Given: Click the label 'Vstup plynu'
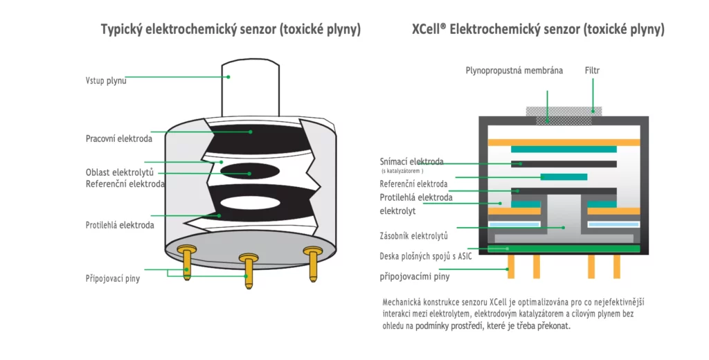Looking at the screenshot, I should pyautogui.click(x=106, y=80).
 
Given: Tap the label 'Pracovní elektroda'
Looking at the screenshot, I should pyautogui.click(x=119, y=138).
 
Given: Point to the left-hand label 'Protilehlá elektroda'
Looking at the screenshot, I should pyautogui.click(x=120, y=225).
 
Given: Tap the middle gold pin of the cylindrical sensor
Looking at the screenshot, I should pyautogui.click(x=248, y=271).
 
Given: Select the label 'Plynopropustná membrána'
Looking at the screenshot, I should pyautogui.click(x=514, y=71).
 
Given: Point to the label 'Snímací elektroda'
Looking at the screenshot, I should pyautogui.click(x=412, y=162).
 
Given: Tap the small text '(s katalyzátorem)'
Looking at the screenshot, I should pyautogui.click(x=402, y=171).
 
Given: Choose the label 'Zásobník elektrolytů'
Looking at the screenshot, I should pyautogui.click(x=414, y=235).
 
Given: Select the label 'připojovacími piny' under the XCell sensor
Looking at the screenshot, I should pyautogui.click(x=415, y=277).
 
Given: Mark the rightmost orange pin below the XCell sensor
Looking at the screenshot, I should pyautogui.click(x=613, y=267).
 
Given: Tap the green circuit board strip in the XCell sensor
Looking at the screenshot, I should pyautogui.click(x=564, y=249).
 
